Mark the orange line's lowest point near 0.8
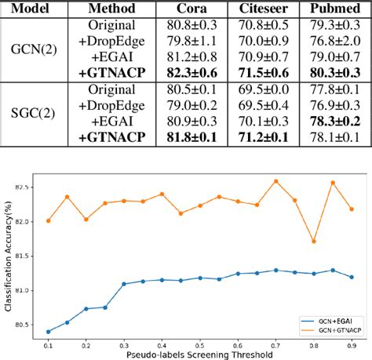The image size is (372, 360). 315,242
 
